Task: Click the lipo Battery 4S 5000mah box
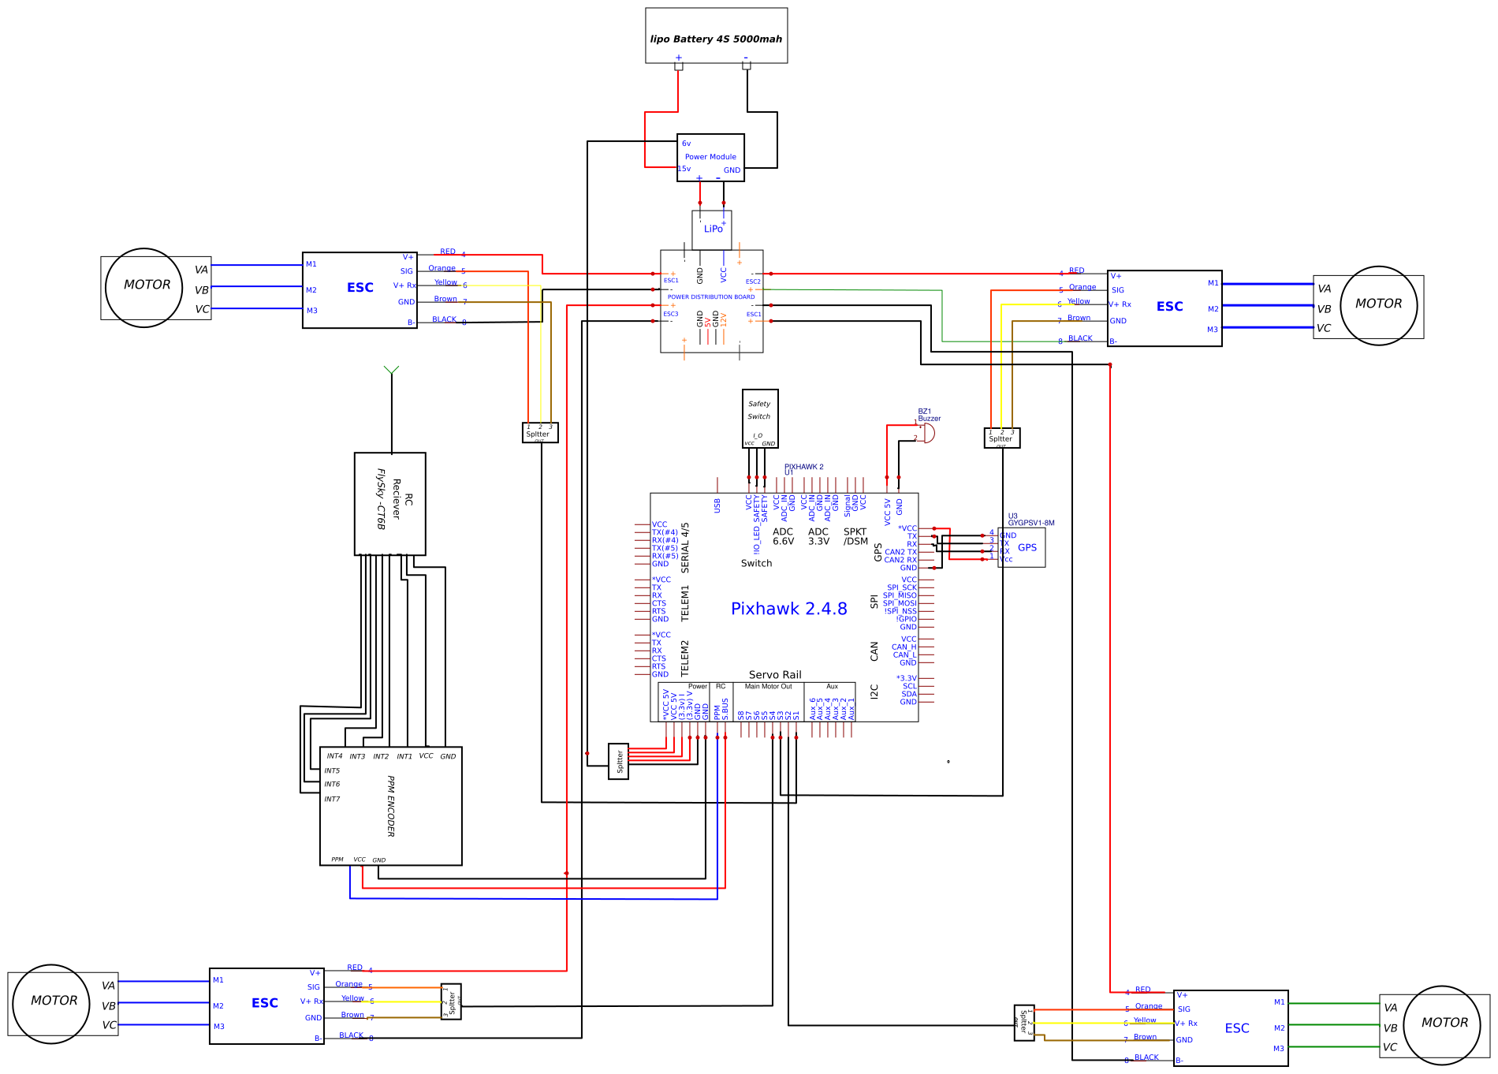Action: (x=716, y=35)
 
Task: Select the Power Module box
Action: (x=710, y=157)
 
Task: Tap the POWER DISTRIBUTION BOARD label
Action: (x=711, y=297)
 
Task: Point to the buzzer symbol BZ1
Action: (x=928, y=433)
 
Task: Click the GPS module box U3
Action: (x=1023, y=547)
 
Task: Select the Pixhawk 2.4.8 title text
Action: (x=788, y=609)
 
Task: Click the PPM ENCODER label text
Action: (x=391, y=805)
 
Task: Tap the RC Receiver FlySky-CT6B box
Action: (x=390, y=504)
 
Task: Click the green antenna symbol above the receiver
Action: (x=391, y=369)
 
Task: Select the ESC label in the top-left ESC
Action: (x=360, y=288)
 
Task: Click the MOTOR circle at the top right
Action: (x=1378, y=304)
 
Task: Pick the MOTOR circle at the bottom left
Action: (x=52, y=1003)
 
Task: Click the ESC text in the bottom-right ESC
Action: (x=1237, y=1028)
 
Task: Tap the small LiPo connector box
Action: (x=712, y=229)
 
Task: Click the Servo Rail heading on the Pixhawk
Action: (x=775, y=675)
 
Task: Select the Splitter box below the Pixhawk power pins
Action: (x=619, y=761)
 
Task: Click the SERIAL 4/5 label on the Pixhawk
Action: (x=685, y=547)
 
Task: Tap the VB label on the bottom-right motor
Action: (x=1390, y=1028)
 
